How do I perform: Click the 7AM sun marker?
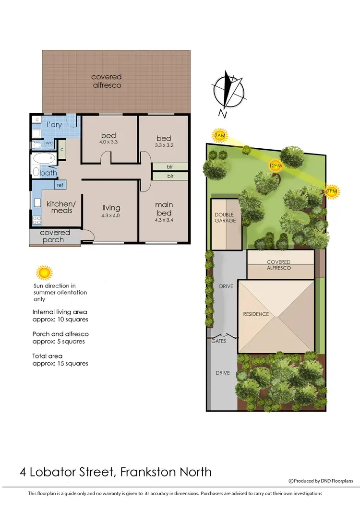[x=219, y=136]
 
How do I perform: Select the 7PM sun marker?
[x=332, y=191]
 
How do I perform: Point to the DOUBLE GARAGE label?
[x=225, y=217]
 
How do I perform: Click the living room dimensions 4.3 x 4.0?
[x=111, y=216]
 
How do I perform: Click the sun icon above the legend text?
[x=44, y=273]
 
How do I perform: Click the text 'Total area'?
[x=48, y=356]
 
